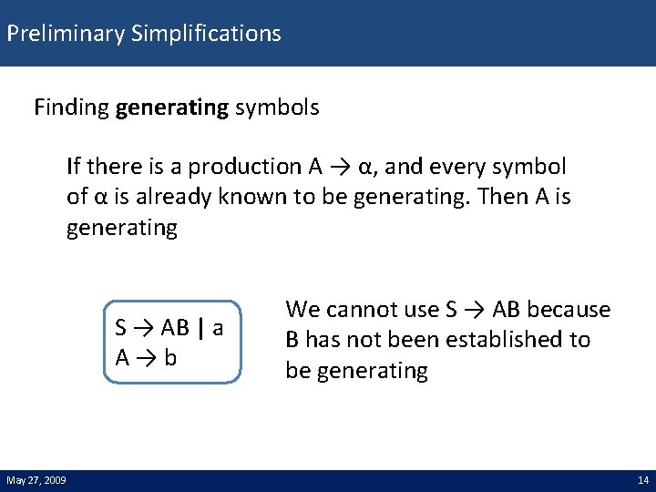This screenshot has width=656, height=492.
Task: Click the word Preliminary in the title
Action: click(x=66, y=34)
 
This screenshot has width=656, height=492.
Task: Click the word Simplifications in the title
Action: click(x=206, y=34)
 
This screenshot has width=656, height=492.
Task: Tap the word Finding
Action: click(x=72, y=108)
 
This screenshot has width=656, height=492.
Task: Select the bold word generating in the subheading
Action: click(x=172, y=108)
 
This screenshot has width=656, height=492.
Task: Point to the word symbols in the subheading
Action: click(x=277, y=108)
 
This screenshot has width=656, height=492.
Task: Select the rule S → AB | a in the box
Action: click(x=169, y=327)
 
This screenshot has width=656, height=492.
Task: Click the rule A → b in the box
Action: click(x=146, y=357)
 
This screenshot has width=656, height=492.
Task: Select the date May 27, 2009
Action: click(x=36, y=480)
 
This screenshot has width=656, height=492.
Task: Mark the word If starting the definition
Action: click(x=74, y=167)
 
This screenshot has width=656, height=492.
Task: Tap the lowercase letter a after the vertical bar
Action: click(x=218, y=327)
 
